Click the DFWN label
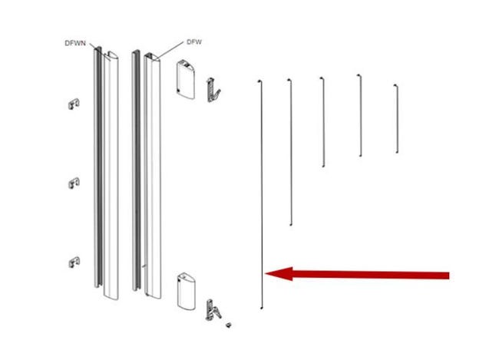[x=75, y=43]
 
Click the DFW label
[x=194, y=42]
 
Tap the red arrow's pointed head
[x=265, y=273]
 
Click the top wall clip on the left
[x=74, y=104]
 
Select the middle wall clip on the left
[x=74, y=183]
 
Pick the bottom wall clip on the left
[x=74, y=262]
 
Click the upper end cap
[x=186, y=80]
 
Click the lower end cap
[x=187, y=291]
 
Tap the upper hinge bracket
[x=213, y=90]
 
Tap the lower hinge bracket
[x=213, y=309]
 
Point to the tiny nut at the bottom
[x=228, y=325]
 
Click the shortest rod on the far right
[x=397, y=118]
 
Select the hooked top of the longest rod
[x=259, y=81]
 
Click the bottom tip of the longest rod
[x=262, y=308]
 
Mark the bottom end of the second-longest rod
[x=290, y=225]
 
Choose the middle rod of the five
[x=323, y=122]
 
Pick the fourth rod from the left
[x=360, y=115]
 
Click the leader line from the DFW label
[x=170, y=50]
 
